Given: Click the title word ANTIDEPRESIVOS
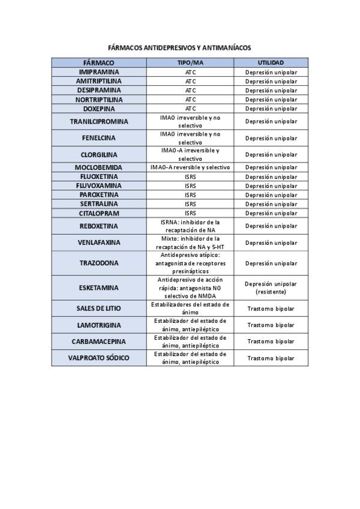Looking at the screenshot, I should [171, 47].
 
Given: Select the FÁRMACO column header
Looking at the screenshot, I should [98, 62].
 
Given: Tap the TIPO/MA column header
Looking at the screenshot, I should [190, 62].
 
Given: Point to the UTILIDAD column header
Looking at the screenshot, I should [271, 62].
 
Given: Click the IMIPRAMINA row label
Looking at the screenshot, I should [98, 72].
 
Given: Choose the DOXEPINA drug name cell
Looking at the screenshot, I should [98, 109].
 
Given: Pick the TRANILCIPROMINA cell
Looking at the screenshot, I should [98, 121].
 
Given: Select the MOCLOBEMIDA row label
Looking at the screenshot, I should [98, 167].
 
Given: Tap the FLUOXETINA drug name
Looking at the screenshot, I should [98, 176].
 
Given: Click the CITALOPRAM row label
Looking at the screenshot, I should [98, 213].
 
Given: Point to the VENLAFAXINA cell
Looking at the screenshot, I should [98, 242].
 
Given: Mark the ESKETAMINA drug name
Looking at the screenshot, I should [98, 288].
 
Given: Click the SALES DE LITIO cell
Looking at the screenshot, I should [98, 308].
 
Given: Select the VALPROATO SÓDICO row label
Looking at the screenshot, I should [98, 358].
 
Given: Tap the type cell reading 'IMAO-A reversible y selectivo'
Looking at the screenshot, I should [190, 167].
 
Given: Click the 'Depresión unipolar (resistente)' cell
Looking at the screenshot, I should [271, 288].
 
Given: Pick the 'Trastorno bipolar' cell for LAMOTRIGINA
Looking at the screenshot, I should [271, 325].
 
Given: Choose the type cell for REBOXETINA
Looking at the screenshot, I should [190, 226].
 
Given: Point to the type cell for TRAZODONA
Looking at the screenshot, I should [190, 263].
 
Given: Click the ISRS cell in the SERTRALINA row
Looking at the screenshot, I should [190, 204].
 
